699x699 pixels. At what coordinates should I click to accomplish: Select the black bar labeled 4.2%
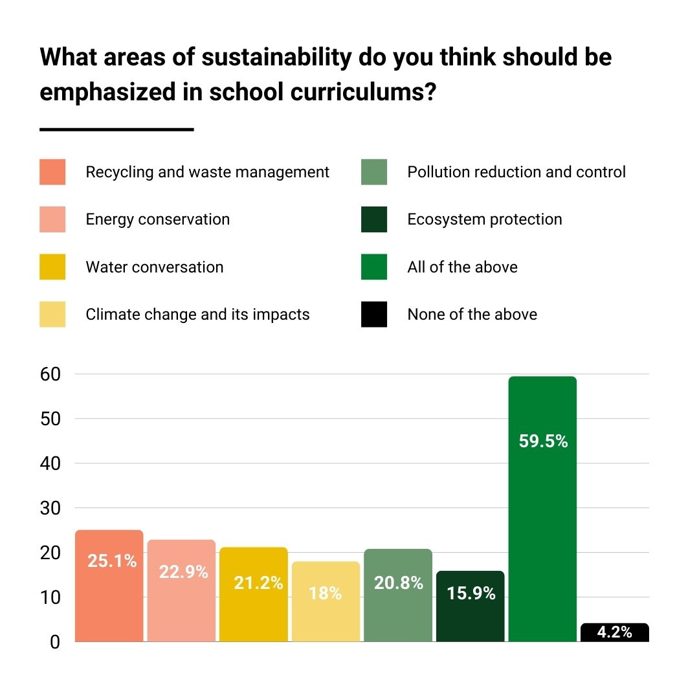614,632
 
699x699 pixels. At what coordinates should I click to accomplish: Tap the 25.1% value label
112,561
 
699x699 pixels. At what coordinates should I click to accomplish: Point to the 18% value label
326,593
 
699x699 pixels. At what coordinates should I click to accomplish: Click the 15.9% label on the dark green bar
471,594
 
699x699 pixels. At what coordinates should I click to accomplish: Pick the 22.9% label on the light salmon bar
184,572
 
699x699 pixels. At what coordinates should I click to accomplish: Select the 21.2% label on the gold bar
258,583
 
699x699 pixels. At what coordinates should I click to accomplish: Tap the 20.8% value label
398,583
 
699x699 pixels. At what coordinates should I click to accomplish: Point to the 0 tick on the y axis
56,642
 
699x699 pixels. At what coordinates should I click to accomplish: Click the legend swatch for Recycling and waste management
52,172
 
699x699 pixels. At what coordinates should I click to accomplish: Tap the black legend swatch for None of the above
374,315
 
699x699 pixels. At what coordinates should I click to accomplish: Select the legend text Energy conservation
157,219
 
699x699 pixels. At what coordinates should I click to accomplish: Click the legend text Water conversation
154,267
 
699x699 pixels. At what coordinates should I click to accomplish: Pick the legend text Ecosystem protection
484,219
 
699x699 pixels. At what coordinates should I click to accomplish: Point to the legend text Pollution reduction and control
516,172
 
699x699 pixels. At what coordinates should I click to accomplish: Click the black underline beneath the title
116,129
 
